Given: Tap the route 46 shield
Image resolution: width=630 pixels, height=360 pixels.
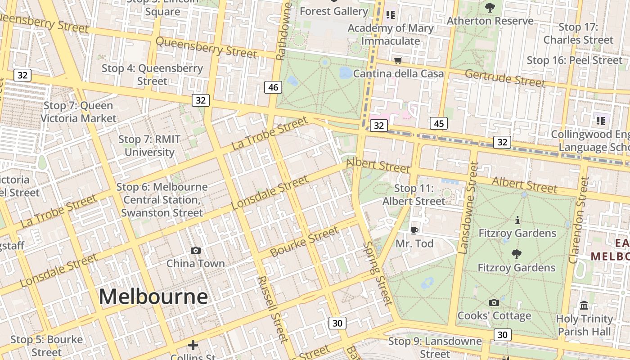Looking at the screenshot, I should point(273,87).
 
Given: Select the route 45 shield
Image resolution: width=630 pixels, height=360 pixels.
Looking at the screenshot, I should point(439,123).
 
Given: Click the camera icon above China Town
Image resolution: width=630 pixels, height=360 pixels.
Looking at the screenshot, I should point(196,250).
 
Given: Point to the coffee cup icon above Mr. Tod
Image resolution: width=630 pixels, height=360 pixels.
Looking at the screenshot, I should point(414,230).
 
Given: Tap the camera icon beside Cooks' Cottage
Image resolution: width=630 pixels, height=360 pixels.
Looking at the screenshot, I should point(494,302).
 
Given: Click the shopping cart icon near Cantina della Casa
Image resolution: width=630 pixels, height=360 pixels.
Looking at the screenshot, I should point(398,60).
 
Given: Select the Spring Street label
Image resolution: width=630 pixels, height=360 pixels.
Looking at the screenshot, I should point(378,273).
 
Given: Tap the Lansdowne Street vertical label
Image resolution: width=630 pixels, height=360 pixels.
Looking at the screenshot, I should point(468,208).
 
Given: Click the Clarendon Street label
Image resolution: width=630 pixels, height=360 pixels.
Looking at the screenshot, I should point(579,220).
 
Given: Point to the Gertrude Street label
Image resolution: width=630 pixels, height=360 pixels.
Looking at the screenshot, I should point(505,78).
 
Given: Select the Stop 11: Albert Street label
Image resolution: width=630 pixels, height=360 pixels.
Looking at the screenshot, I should point(414,195).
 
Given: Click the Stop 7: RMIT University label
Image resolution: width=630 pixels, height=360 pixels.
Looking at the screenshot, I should point(149,146).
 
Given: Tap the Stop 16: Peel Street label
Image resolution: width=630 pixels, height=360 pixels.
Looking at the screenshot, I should point(574,60).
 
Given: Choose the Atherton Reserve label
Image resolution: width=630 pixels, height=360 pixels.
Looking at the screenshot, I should point(490,21).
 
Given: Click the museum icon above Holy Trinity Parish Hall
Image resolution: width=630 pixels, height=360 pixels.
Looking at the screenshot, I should point(584,306).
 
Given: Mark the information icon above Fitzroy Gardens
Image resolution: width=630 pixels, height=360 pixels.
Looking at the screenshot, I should point(517,220).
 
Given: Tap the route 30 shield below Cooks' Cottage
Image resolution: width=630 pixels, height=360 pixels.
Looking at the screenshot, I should point(503,334).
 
